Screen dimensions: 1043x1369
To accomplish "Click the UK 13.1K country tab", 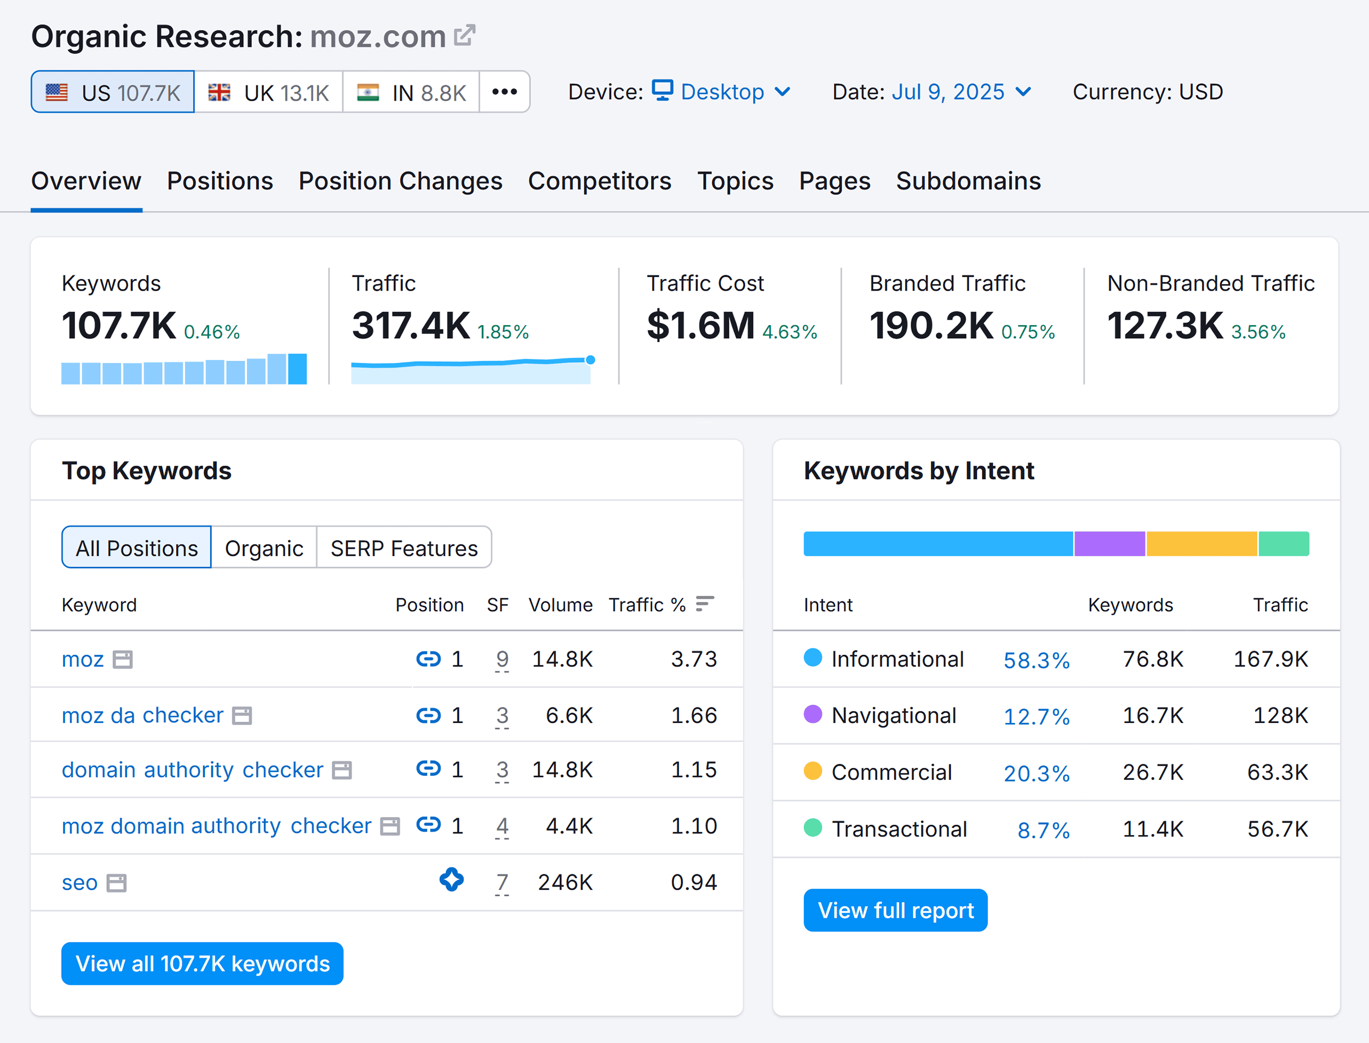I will coord(268,92).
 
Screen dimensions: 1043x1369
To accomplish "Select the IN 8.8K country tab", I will coord(411,92).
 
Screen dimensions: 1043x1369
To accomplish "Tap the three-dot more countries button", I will coord(504,92).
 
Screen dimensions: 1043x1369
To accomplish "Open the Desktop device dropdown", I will coord(722,92).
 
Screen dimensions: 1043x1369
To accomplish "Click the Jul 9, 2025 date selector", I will coord(960,92).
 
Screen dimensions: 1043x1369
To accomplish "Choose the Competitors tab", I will coord(600,181).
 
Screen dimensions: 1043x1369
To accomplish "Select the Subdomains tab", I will coord(968,181).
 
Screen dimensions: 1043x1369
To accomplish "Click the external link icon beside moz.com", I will coord(464,36).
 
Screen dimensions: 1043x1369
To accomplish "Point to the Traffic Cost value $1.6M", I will coord(700,325).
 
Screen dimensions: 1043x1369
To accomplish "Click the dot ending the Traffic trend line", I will coord(590,360).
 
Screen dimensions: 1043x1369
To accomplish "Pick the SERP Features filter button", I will coord(404,548).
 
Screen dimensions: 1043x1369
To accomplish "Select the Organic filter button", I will coord(264,548).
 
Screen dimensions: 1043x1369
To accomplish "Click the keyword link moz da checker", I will coord(142,715).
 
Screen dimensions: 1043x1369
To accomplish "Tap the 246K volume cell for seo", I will coord(565,882).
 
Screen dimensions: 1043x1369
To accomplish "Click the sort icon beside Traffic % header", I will coord(704,604).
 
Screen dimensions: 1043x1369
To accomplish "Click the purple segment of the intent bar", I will coord(1109,544).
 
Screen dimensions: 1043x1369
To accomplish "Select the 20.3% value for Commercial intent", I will coord(1036,773).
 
